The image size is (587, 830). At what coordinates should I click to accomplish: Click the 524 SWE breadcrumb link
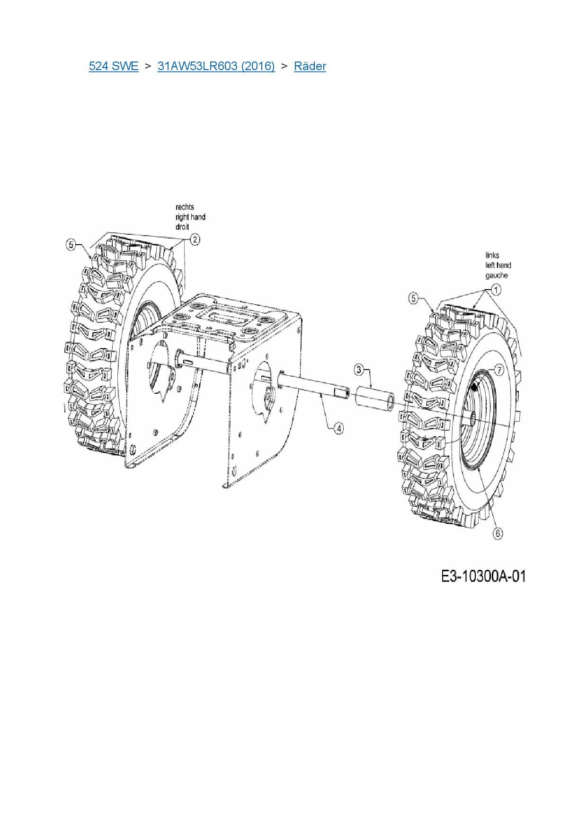114,66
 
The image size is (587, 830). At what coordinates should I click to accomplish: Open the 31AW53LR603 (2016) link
216,66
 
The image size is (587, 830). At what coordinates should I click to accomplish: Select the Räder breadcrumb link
310,66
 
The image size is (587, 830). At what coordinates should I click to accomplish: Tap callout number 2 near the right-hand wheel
195,239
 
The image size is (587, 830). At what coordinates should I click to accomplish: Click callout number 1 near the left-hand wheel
496,290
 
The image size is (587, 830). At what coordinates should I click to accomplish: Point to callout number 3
359,370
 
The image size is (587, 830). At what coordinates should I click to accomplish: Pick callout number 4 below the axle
338,429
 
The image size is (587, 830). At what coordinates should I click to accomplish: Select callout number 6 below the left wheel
498,534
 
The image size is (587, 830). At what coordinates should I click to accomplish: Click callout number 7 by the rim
499,370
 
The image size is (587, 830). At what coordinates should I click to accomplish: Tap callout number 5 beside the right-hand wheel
71,244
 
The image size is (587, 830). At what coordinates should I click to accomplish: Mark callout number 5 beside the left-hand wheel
414,298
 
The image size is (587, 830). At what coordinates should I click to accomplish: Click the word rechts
185,207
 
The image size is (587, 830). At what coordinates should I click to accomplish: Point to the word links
492,255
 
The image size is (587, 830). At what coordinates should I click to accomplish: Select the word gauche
496,275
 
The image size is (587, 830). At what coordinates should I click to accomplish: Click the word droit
182,227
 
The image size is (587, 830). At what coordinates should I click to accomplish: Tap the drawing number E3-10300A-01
483,576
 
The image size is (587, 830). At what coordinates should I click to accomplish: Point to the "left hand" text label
498,265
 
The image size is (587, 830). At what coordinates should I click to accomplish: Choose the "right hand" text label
190,217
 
